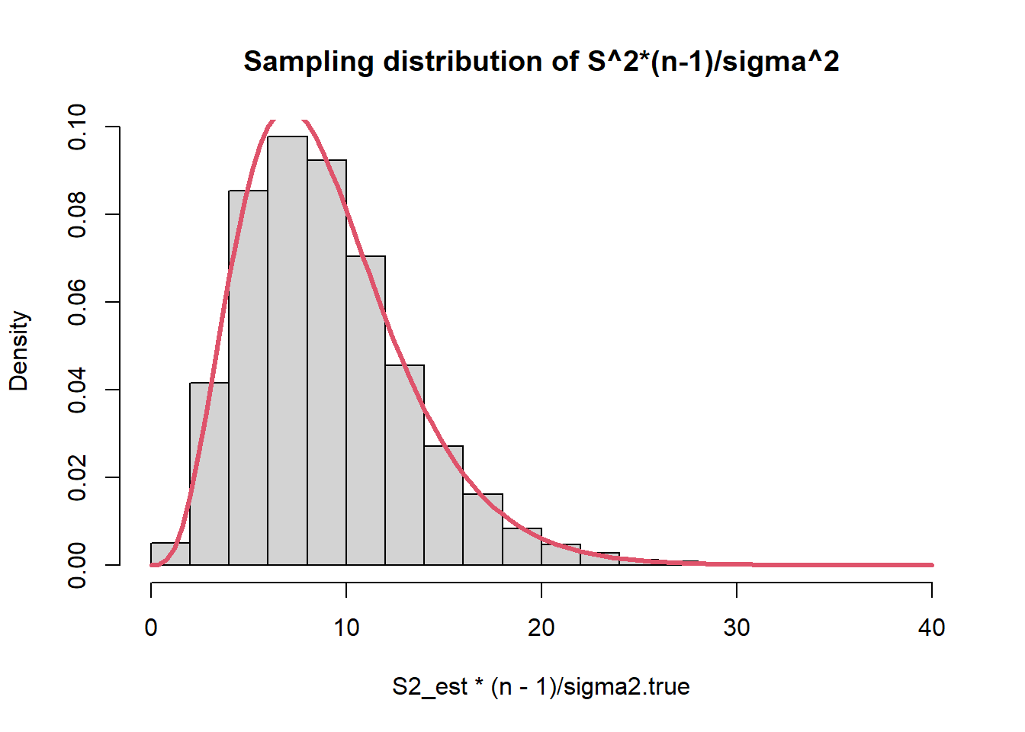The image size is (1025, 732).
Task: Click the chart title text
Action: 541,61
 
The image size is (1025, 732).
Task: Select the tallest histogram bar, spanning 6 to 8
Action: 288,351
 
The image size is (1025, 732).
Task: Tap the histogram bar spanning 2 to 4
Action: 209,473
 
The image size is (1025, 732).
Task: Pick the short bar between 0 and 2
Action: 170,554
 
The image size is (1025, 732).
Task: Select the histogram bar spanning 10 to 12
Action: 365,412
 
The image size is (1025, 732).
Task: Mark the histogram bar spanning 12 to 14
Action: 404,465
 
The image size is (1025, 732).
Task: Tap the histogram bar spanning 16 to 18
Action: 483,530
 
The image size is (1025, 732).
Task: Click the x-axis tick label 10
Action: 346,628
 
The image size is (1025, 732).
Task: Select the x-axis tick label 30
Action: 737,628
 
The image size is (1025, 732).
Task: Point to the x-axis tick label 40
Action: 932,628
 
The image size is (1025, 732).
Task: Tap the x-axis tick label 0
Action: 151,628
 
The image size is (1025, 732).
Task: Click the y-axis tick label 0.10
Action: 77,127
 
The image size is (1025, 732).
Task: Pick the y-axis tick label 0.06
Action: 77,302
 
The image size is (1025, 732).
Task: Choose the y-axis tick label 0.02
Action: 77,477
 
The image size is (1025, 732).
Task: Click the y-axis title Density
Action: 19,351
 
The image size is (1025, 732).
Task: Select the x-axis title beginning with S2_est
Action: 541,687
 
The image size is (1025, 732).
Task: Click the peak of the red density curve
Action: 287,120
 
